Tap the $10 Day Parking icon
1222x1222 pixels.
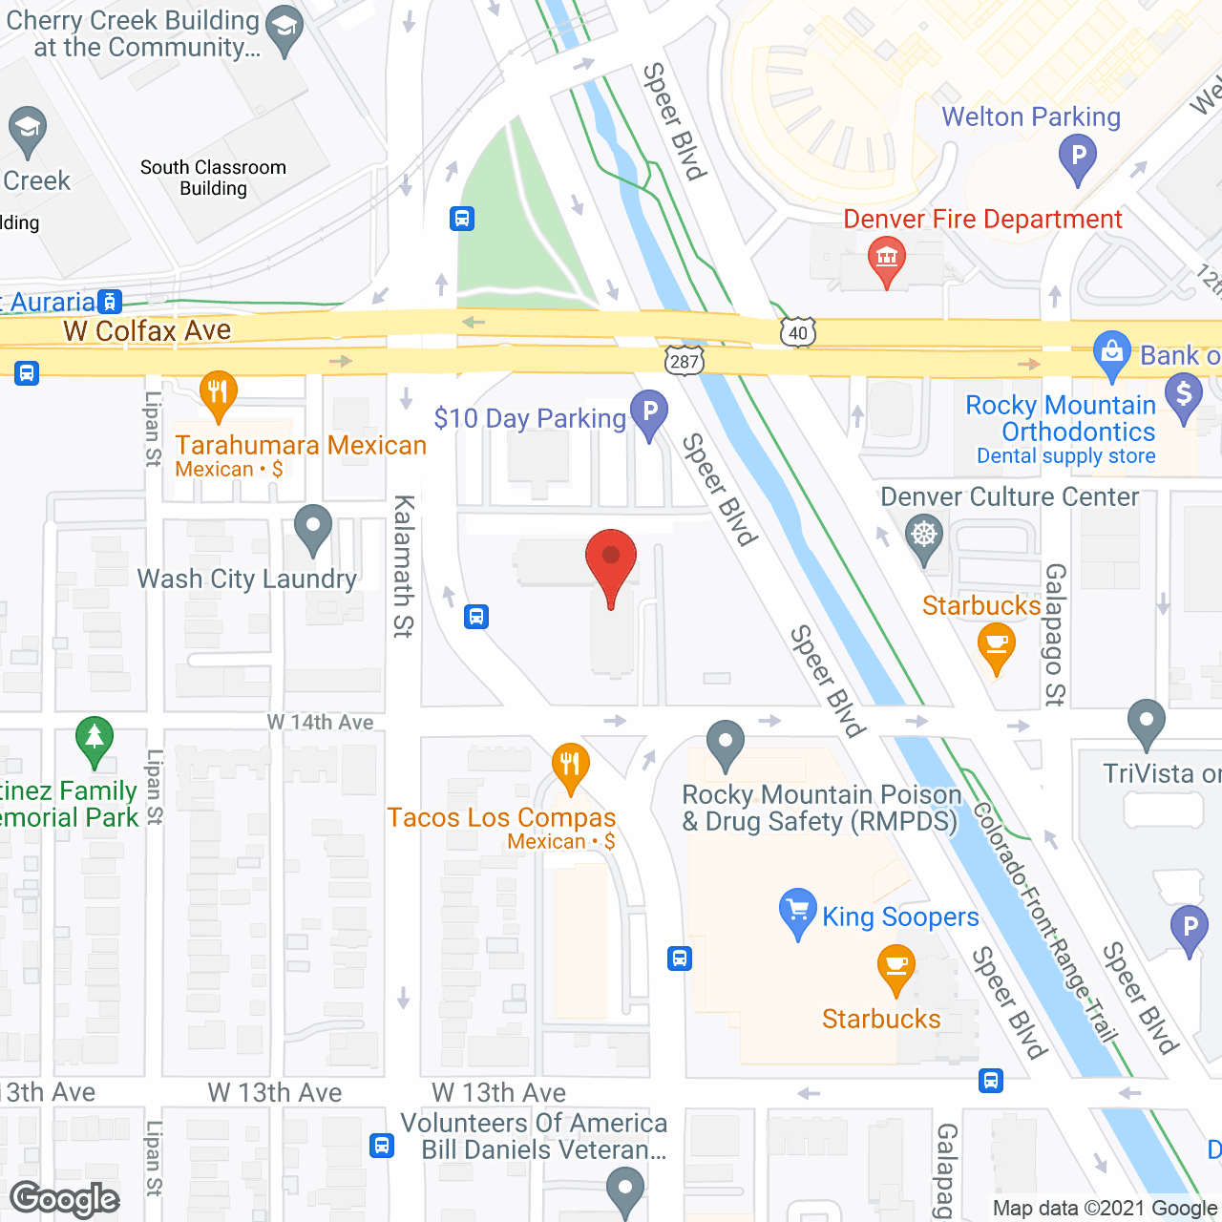[649, 413]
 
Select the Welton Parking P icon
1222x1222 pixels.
[1078, 156]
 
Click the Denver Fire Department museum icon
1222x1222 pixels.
[887, 258]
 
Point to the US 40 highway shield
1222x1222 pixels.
[798, 332]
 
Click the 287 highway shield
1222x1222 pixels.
[685, 360]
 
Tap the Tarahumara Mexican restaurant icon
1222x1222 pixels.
[219, 392]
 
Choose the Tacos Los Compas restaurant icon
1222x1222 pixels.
[570, 765]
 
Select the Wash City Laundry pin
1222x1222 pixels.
[312, 527]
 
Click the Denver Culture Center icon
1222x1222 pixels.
[924, 536]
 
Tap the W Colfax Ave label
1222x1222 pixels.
[147, 330]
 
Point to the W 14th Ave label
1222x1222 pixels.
[320, 722]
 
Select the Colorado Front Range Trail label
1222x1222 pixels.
[1045, 921]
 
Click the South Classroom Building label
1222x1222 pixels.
[213, 178]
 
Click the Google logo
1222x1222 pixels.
[65, 1199]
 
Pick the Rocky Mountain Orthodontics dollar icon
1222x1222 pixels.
[1184, 394]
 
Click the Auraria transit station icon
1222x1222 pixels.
[111, 302]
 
